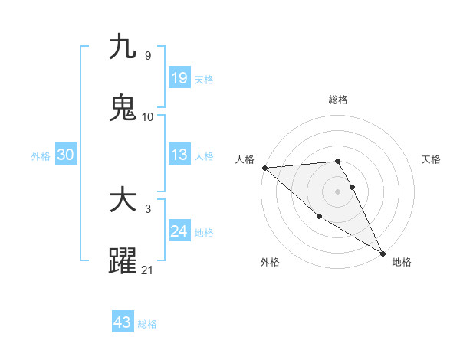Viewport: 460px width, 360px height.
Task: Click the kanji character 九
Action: (123, 47)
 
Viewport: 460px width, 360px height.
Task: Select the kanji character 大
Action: (123, 200)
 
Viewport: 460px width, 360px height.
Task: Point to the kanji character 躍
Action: (123, 260)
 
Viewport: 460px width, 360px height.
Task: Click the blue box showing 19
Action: (179, 77)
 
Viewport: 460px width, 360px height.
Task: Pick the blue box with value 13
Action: (179, 155)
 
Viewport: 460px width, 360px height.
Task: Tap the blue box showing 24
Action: (179, 231)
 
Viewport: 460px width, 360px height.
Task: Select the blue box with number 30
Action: (66, 155)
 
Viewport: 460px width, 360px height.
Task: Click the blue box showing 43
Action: (123, 322)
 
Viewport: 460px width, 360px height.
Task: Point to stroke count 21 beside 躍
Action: (147, 270)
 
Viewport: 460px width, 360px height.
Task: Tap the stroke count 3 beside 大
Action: (147, 208)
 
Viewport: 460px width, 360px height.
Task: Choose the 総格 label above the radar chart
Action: (338, 100)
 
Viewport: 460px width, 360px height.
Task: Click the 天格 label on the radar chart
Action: (432, 159)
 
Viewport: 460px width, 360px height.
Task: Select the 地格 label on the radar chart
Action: (402, 262)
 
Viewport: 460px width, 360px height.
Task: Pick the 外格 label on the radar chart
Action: (270, 262)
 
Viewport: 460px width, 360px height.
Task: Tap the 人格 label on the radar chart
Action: (245, 159)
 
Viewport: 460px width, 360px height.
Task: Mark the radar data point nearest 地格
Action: (383, 253)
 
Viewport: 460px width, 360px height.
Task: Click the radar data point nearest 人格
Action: (264, 168)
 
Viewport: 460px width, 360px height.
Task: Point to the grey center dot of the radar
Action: (338, 191)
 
